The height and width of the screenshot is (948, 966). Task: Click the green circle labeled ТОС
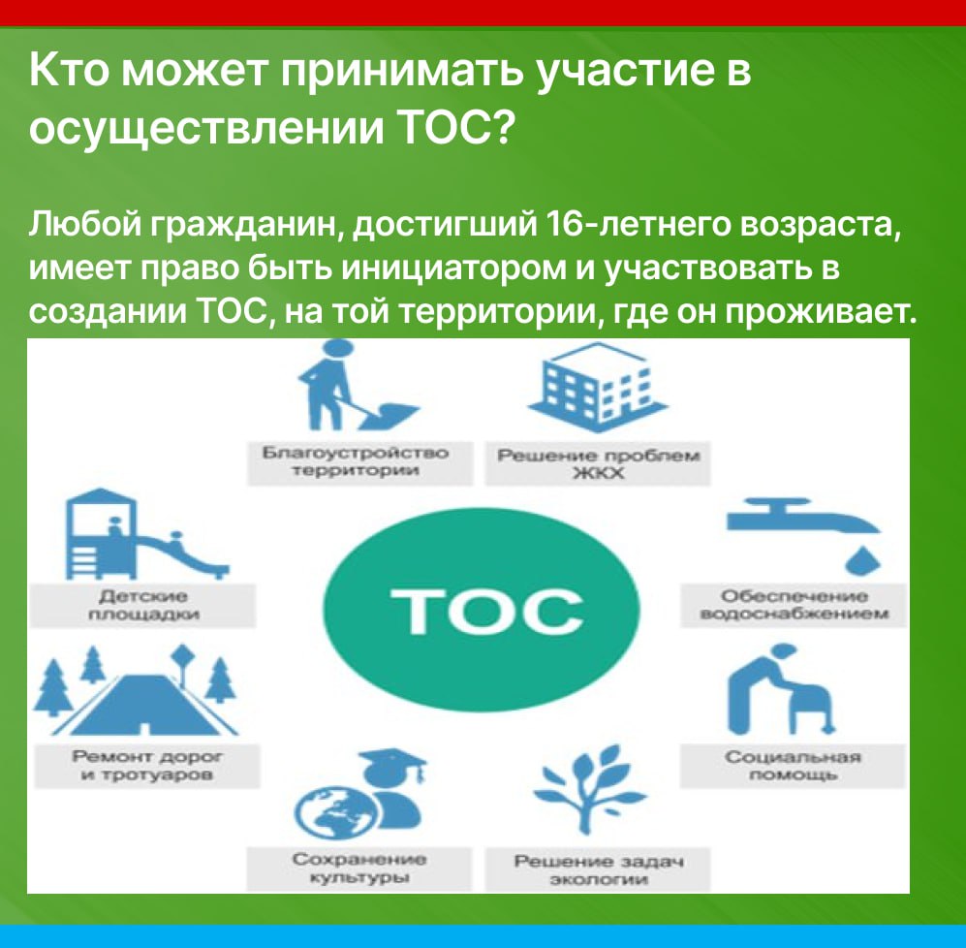482,609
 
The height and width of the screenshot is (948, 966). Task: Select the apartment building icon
598,384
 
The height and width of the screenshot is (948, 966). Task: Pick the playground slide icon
147,534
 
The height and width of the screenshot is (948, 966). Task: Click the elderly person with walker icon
779,690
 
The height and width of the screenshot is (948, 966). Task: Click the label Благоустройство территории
356,461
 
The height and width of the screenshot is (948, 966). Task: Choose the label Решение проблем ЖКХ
598,464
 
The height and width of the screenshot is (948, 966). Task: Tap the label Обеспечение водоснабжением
795,605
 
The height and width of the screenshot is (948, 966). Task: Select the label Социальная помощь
793,766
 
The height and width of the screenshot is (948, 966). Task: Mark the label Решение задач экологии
599,869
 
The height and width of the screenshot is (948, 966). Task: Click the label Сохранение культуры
359,868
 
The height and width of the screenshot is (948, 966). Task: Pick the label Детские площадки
143,605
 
